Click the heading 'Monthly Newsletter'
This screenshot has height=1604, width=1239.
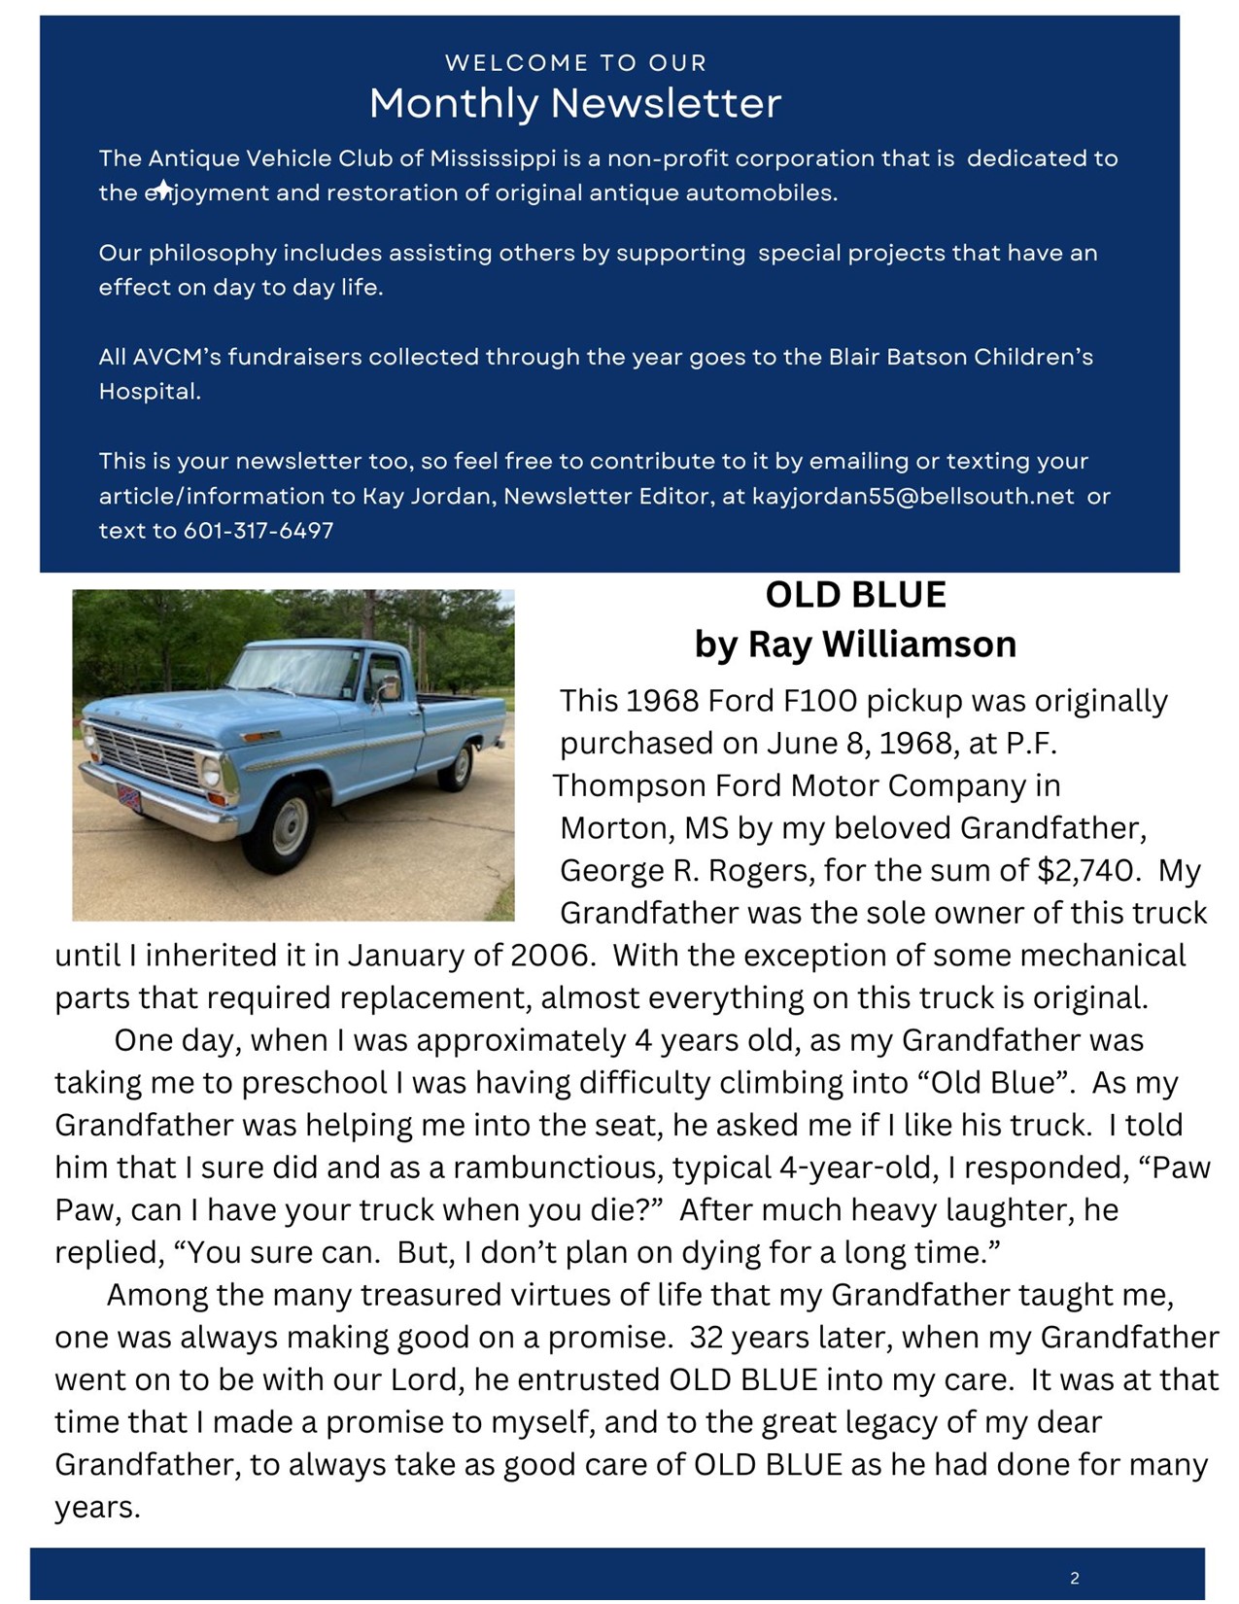(575, 103)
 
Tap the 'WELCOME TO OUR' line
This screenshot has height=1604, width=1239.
(575, 63)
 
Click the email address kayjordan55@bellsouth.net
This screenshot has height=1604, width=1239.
(912, 496)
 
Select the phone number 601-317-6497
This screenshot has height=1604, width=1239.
(258, 531)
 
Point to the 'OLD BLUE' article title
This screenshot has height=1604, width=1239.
(855, 595)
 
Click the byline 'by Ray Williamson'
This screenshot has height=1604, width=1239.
(855, 644)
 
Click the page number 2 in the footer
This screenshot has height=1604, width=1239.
(1074, 1578)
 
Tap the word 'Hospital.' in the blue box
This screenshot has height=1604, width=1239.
(150, 392)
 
